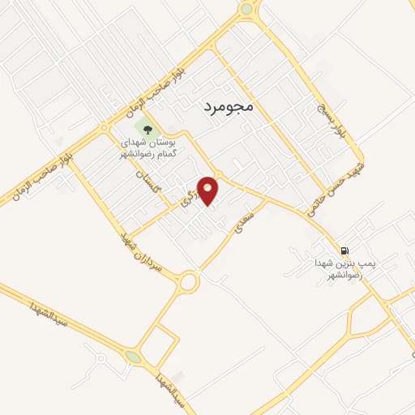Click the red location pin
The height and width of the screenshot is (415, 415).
click(x=210, y=190)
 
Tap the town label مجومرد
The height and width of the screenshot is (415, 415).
click(x=225, y=105)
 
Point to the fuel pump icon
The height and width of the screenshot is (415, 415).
click(x=347, y=250)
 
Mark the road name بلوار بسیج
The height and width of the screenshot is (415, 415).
click(x=335, y=118)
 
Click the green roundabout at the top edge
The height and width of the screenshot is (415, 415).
click(x=246, y=9)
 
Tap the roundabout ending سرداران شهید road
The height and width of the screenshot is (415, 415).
click(x=190, y=282)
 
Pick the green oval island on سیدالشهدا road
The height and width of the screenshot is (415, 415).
click(x=133, y=356)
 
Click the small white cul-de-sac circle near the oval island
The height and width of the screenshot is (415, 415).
click(x=101, y=357)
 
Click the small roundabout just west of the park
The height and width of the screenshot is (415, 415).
click(x=105, y=127)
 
